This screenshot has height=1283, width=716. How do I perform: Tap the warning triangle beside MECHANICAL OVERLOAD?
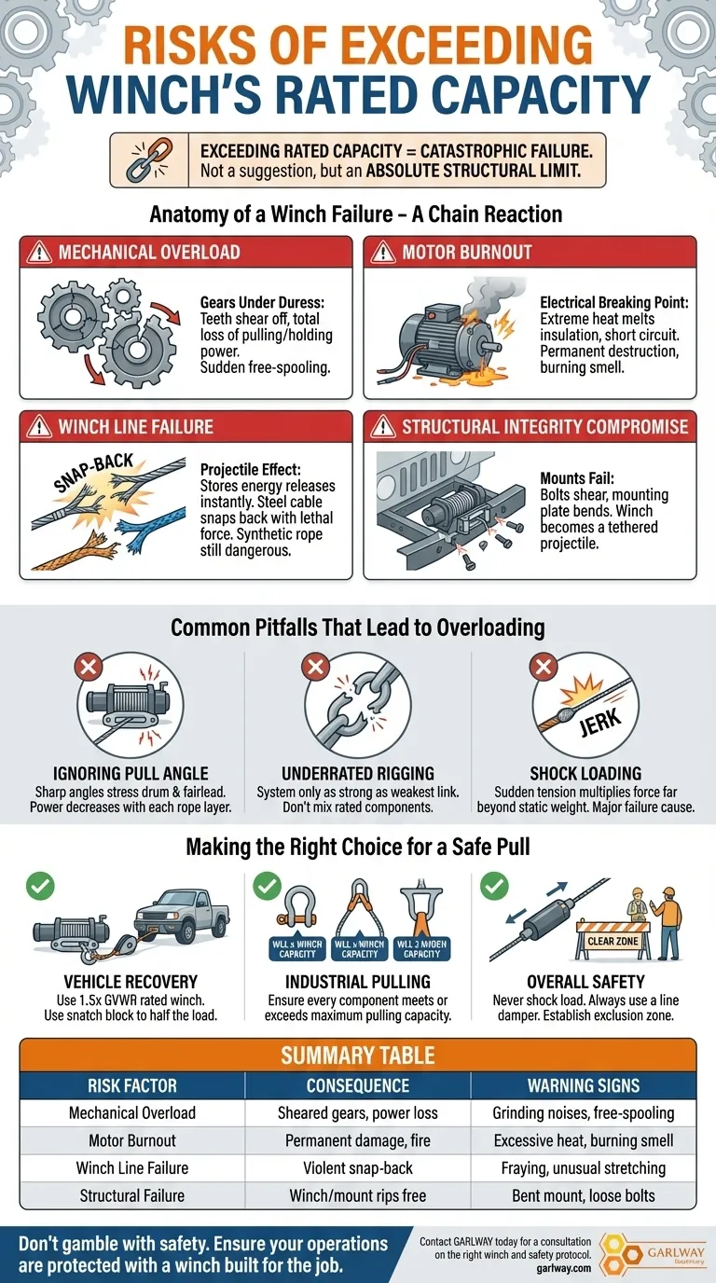coord(39,253)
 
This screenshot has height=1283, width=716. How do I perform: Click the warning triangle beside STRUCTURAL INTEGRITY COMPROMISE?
coord(383,427)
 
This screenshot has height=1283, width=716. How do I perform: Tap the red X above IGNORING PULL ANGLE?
coord(89,667)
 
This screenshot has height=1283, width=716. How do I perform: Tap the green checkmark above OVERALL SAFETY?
coord(493,886)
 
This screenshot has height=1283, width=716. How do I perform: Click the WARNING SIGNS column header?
coord(583,1085)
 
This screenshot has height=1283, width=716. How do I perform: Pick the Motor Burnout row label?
coord(132,1139)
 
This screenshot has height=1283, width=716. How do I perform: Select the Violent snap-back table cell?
coord(358,1167)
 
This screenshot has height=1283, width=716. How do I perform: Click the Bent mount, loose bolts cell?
coord(583,1194)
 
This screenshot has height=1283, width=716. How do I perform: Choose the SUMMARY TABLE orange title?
coord(358,1055)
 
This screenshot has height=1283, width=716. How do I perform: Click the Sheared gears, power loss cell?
coord(358,1112)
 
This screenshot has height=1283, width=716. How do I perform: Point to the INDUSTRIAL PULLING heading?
coord(359,981)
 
